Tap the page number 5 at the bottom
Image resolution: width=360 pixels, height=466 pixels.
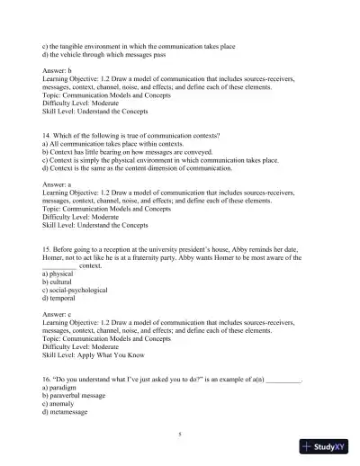click(x=180, y=434)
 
